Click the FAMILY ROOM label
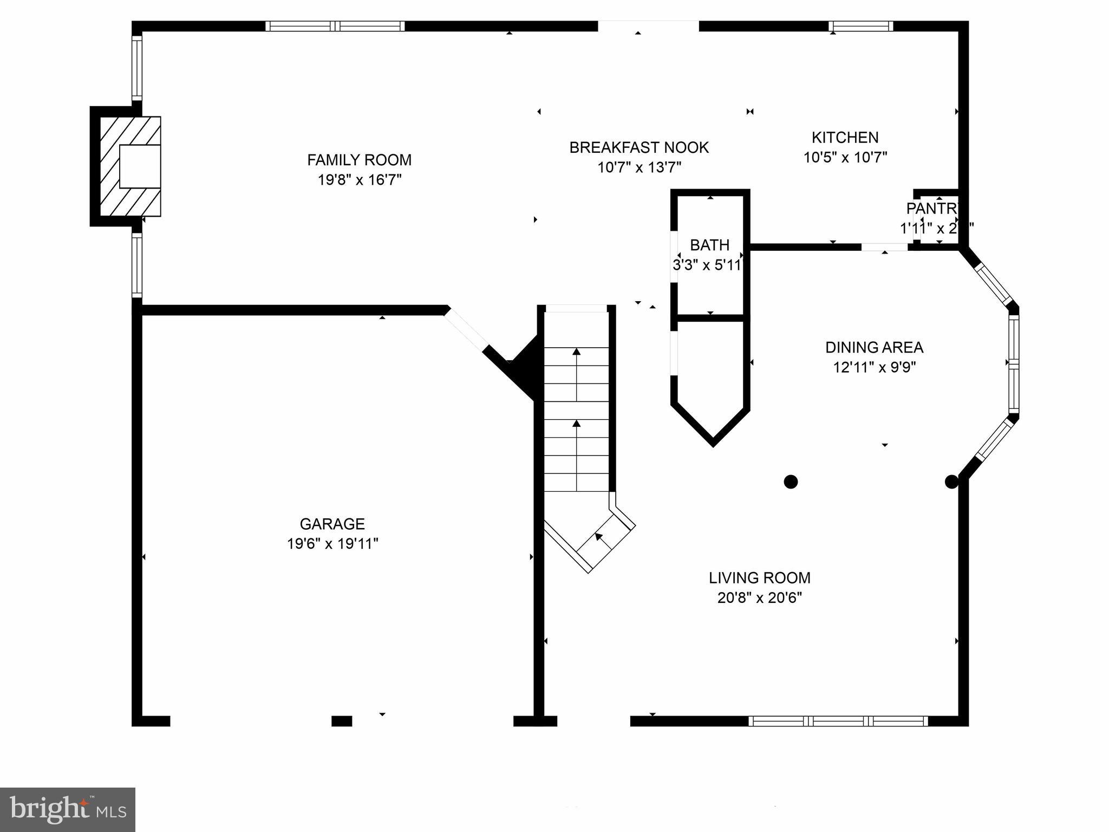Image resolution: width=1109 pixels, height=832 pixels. (359, 160)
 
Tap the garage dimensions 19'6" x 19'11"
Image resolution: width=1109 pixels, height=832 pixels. (332, 543)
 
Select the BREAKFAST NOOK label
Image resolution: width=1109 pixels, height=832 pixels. (639, 147)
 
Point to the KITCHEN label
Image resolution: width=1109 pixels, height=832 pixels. (845, 137)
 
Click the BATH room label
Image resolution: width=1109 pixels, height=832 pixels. (709, 245)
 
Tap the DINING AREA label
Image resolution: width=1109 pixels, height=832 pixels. (874, 347)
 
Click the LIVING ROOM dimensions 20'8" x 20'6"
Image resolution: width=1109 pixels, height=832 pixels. (759, 598)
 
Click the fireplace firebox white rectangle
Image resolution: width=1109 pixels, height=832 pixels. (140, 166)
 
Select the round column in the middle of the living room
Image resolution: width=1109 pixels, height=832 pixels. (791, 481)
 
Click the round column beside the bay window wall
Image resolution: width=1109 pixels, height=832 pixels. (951, 481)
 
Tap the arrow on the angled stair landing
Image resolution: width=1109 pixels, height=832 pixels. (599, 537)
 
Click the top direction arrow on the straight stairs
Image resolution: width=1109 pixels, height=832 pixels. (576, 352)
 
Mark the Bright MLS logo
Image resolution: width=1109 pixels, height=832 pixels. (67, 809)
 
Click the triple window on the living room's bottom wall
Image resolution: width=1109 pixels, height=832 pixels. (838, 721)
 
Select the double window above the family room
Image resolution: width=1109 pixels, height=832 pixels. (335, 26)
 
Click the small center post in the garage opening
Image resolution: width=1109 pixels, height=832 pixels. (341, 721)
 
